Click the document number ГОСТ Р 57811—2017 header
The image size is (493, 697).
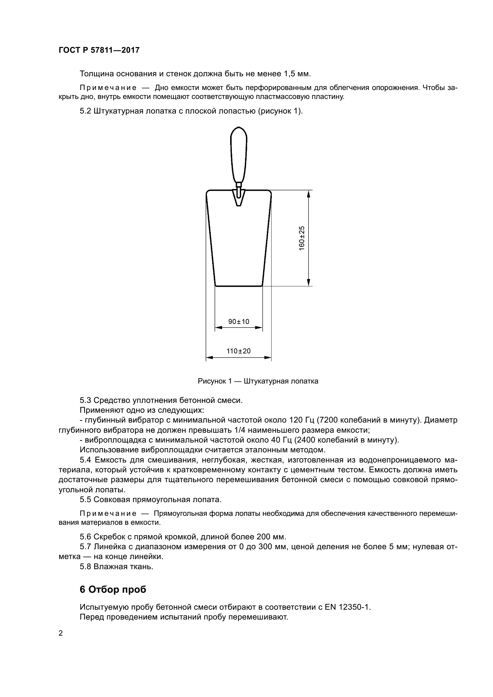click(x=99, y=50)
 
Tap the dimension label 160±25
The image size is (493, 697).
click(x=302, y=238)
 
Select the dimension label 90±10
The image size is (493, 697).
click(x=239, y=322)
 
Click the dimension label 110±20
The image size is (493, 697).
click(x=239, y=351)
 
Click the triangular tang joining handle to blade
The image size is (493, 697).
click(x=239, y=198)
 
